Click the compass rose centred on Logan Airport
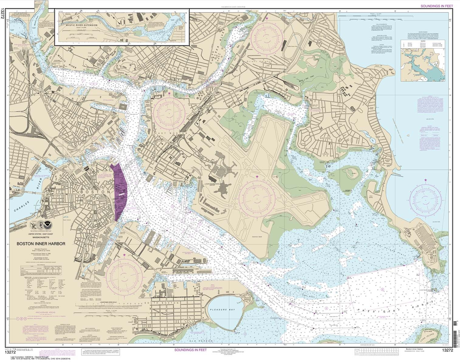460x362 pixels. (257, 198)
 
